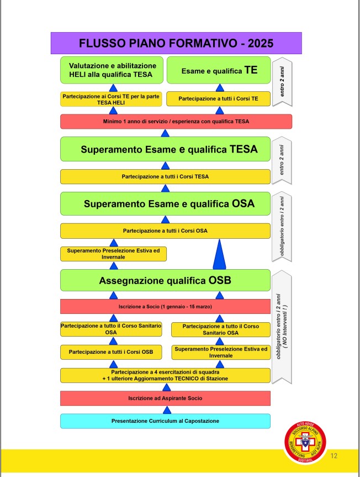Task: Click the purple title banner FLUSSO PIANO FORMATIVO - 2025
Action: point(176,43)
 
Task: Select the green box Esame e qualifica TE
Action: point(219,70)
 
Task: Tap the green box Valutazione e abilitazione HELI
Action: point(112,70)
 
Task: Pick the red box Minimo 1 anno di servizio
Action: point(176,121)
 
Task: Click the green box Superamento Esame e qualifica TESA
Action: point(165,149)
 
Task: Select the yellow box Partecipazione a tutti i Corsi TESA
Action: point(165,176)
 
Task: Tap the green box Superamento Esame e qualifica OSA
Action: point(165,203)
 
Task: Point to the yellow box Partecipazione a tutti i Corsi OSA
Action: point(165,230)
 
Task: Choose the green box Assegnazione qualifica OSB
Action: point(165,280)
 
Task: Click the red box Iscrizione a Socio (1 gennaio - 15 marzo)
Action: point(165,306)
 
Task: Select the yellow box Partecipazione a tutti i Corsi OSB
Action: point(111,352)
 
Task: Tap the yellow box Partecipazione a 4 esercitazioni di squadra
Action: point(165,375)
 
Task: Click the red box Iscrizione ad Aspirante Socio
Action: point(165,398)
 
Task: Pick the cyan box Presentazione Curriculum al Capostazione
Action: point(165,421)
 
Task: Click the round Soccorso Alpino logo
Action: point(305,442)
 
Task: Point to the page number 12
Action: point(334,456)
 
